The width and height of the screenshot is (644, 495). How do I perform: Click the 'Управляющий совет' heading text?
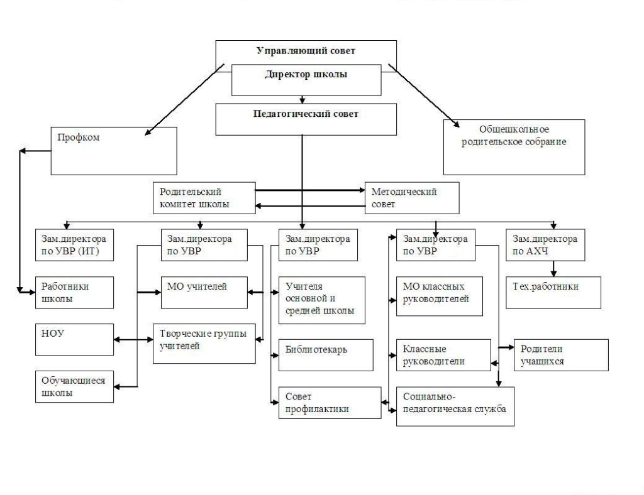pyautogui.click(x=306, y=51)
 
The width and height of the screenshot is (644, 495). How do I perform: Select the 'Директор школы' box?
pyautogui.click(x=306, y=80)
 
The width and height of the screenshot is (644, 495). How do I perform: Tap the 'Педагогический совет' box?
pyautogui.click(x=306, y=119)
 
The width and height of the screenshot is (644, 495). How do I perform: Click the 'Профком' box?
pyautogui.click(x=114, y=151)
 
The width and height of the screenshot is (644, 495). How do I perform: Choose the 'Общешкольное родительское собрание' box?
pyautogui.click(x=514, y=147)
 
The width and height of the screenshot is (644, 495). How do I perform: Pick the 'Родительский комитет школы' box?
pyautogui.click(x=204, y=198)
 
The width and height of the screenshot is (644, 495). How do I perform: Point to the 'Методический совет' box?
pyautogui.click(x=412, y=198)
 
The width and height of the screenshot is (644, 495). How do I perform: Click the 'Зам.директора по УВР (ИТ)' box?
pyautogui.click(x=74, y=245)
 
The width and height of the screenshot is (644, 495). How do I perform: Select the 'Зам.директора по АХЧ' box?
pyautogui.click(x=545, y=245)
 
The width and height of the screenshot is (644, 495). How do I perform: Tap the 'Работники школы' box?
pyautogui.click(x=74, y=293)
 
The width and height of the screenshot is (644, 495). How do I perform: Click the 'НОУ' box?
pyautogui.click(x=74, y=340)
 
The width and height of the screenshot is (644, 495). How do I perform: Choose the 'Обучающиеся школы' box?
pyautogui.click(x=74, y=387)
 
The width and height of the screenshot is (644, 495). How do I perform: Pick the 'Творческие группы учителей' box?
pyautogui.click(x=204, y=344)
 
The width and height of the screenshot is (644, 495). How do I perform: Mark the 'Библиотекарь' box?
pyautogui.click(x=326, y=355)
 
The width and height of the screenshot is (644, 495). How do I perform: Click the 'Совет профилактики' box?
pyautogui.click(x=330, y=403)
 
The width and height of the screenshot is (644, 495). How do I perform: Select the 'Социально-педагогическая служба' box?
pyautogui.click(x=455, y=406)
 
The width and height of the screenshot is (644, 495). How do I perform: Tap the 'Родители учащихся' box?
pyautogui.click(x=561, y=355)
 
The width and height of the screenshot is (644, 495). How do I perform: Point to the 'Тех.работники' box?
pyautogui.click(x=553, y=293)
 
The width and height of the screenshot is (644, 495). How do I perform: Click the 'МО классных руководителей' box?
pyautogui.click(x=440, y=296)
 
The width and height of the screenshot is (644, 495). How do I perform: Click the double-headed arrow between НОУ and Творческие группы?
pyautogui.click(x=133, y=340)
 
